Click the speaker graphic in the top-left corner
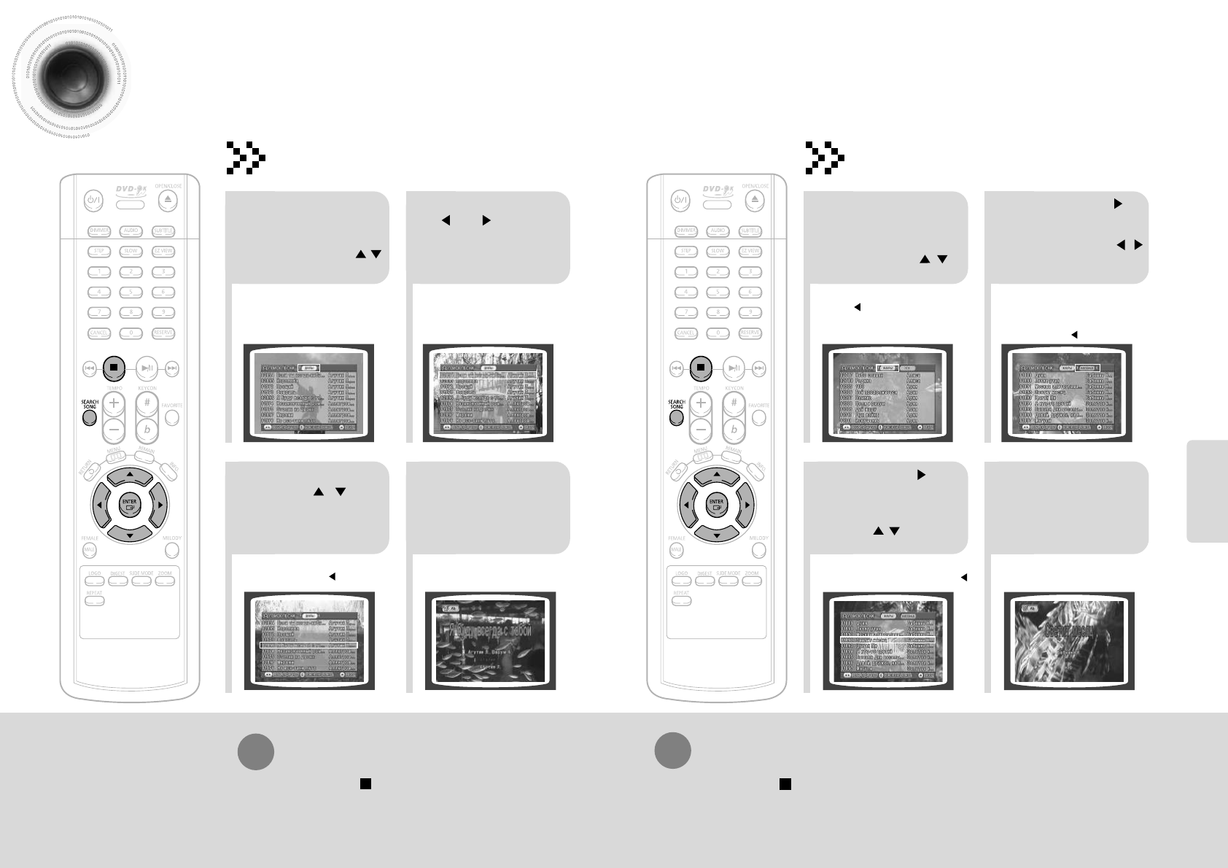click(x=69, y=80)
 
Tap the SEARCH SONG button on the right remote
click(x=677, y=418)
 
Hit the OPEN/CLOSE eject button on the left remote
click(x=168, y=200)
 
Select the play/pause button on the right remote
click(x=734, y=368)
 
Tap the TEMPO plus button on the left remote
click(x=114, y=402)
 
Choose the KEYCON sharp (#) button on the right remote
click(x=734, y=402)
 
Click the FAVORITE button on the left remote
click(x=172, y=418)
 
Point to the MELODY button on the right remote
click(x=759, y=551)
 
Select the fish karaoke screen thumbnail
click(x=490, y=640)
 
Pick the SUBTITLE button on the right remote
click(x=750, y=231)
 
